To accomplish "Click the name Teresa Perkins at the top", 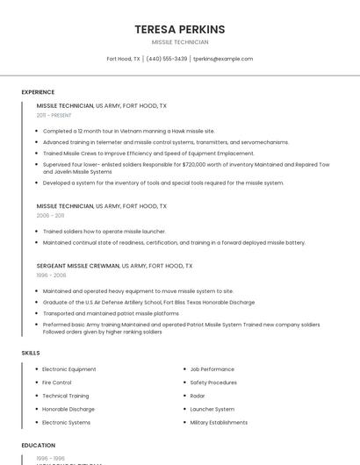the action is tap(180, 29).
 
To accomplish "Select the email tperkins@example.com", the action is tap(223, 59).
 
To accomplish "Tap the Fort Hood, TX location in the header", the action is tap(123, 59).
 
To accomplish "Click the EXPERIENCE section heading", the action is tap(38, 92).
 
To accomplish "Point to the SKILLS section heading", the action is tap(31, 353).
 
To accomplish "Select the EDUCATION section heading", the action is tap(39, 446).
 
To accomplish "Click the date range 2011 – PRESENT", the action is tap(54, 115).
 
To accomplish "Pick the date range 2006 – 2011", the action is tap(50, 215).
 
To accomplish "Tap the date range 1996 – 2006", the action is tap(51, 275).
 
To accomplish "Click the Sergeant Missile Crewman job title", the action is tap(78, 265).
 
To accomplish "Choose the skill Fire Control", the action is tap(57, 383).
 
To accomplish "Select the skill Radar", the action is tap(198, 396).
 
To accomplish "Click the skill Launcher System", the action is tap(212, 409).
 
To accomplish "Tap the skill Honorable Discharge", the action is tap(68, 409).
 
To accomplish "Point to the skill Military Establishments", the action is tap(219, 422).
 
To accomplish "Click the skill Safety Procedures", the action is tap(213, 383).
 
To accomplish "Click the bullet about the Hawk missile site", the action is tap(128, 131).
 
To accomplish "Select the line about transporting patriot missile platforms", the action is tap(111, 312).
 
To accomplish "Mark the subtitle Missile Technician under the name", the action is tap(180, 42).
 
